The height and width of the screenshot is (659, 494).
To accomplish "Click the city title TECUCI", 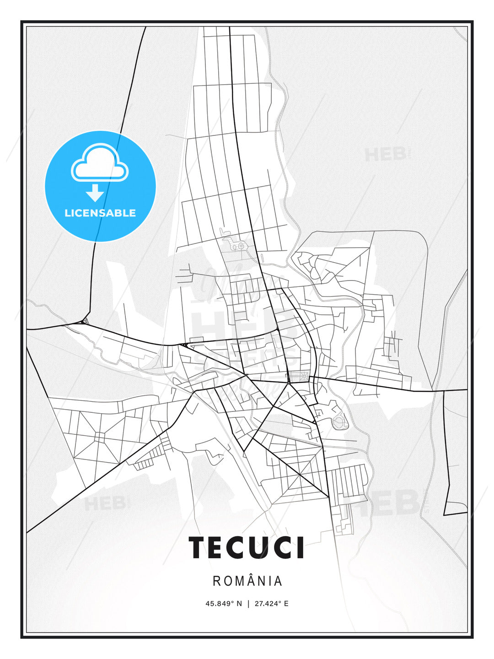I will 247,547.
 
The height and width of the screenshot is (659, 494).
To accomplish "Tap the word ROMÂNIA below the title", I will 247,581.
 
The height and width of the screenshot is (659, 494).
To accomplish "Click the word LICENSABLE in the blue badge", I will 100,213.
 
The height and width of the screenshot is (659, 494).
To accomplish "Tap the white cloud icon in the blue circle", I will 100,164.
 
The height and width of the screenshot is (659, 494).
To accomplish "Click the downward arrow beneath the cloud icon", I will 95,193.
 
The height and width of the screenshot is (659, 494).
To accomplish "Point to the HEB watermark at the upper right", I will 386,154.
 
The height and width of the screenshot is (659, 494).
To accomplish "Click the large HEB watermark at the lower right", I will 393,502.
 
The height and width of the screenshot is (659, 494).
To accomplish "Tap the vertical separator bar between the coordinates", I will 248,604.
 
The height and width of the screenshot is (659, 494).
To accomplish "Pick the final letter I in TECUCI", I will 300,547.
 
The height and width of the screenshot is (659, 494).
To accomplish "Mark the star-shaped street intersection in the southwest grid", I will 99,438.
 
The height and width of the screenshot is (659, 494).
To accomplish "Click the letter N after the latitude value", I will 238,604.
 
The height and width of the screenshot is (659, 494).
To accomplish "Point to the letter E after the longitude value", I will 286,604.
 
